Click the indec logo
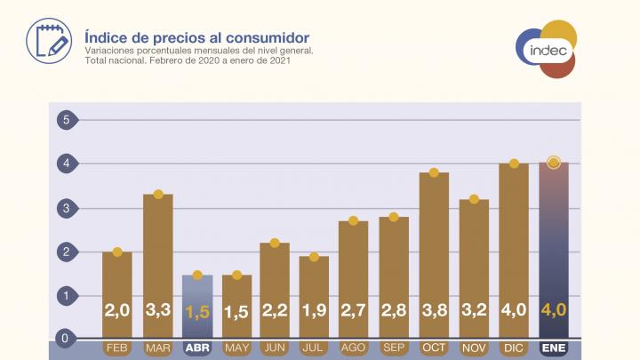(x=546, y=50)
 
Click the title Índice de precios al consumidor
(x=196, y=37)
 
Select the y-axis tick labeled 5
(x=63, y=120)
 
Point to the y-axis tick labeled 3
(x=63, y=208)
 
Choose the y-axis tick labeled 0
(x=63, y=339)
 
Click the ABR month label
(x=197, y=347)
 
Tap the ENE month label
(x=554, y=347)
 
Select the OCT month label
(x=434, y=347)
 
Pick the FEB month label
(x=117, y=347)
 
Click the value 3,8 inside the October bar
(x=434, y=313)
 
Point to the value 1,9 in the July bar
(x=314, y=313)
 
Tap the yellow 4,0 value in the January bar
(x=554, y=313)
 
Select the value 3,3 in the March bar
(x=157, y=313)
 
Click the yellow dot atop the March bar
(x=157, y=195)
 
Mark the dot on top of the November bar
(x=474, y=199)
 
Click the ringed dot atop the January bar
(x=554, y=163)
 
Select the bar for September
(x=394, y=267)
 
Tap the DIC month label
(x=514, y=347)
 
